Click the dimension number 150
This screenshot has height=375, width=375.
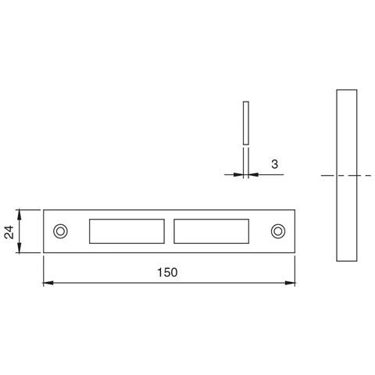click(x=167, y=273)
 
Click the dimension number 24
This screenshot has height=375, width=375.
click(x=9, y=232)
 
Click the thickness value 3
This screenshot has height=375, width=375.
click(x=274, y=164)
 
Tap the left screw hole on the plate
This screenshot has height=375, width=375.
click(x=60, y=231)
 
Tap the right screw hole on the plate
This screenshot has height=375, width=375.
click(x=278, y=231)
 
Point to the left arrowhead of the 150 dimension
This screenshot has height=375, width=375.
click(x=48, y=283)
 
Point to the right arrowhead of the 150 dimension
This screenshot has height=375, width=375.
click(x=290, y=283)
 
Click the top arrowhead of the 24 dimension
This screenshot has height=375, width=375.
click(x=20, y=214)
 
